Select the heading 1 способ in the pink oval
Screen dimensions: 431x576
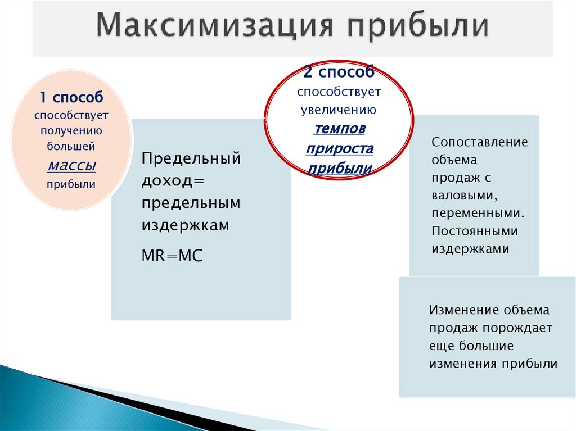[71, 97]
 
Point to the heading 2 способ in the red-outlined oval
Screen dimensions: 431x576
[339, 72]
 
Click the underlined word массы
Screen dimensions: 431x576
[71, 165]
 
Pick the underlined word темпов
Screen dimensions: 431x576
[339, 129]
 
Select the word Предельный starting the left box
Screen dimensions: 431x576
[191, 158]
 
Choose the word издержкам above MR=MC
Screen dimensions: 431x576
[185, 225]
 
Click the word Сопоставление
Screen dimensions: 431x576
[480, 142]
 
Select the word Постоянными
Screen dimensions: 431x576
[475, 232]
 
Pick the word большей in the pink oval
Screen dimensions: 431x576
[71, 147]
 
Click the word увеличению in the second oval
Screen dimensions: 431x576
[339, 110]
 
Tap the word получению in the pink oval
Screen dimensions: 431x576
[71, 131]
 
